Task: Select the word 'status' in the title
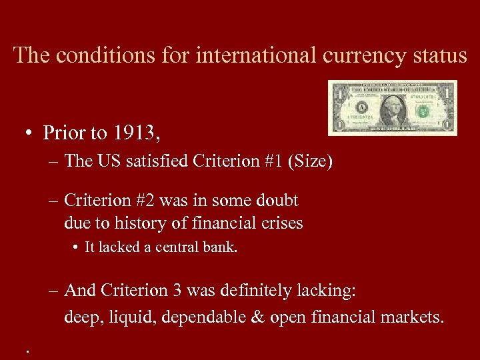point(437,55)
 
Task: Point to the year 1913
point(135,133)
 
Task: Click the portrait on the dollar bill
point(395,107)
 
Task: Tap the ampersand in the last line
point(257,317)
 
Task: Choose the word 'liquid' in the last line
point(130,317)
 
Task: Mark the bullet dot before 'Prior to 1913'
point(31,134)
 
